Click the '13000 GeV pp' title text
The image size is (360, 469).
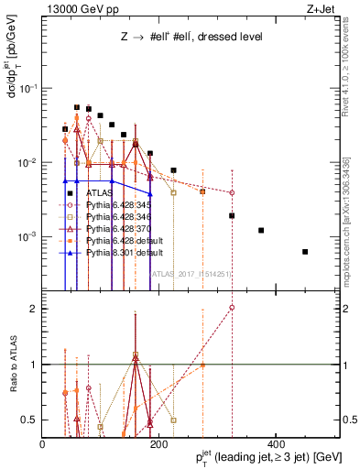coord(81,11)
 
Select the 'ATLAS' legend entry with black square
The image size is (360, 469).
coord(100,193)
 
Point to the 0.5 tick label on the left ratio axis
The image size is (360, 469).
coord(29,420)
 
